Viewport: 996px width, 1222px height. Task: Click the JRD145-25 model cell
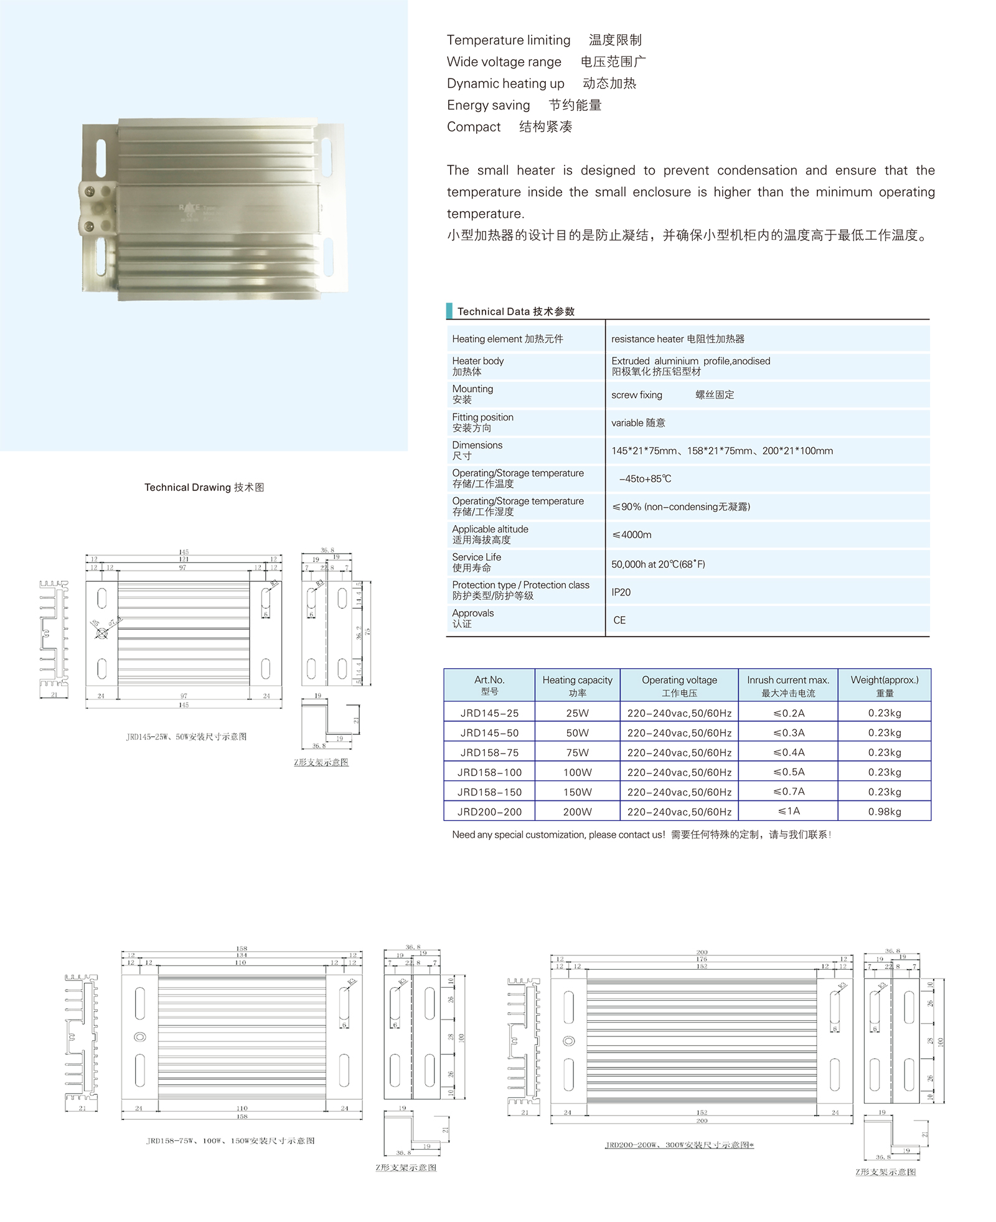point(489,713)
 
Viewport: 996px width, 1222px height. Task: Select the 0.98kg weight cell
point(884,812)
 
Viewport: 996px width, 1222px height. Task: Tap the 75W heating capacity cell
point(577,752)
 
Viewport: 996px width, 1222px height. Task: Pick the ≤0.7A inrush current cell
point(788,792)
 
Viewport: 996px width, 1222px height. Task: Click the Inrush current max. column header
point(788,686)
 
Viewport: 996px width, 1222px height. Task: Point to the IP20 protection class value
point(621,592)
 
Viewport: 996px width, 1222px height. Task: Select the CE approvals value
point(619,620)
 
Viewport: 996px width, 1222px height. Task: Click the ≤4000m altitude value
point(632,534)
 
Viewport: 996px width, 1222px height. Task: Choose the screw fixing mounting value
point(637,395)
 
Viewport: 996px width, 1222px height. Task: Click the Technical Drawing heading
point(204,487)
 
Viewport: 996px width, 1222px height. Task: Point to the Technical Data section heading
point(515,311)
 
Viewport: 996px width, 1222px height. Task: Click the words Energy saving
point(488,105)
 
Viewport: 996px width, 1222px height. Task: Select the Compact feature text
point(474,127)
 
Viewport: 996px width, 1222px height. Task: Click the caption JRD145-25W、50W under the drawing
point(186,737)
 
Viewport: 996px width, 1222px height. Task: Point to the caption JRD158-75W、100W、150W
point(230,1140)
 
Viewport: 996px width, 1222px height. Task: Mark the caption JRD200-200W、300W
point(679,1145)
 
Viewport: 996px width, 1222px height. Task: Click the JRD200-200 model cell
point(489,812)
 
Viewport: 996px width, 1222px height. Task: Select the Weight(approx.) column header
point(884,686)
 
